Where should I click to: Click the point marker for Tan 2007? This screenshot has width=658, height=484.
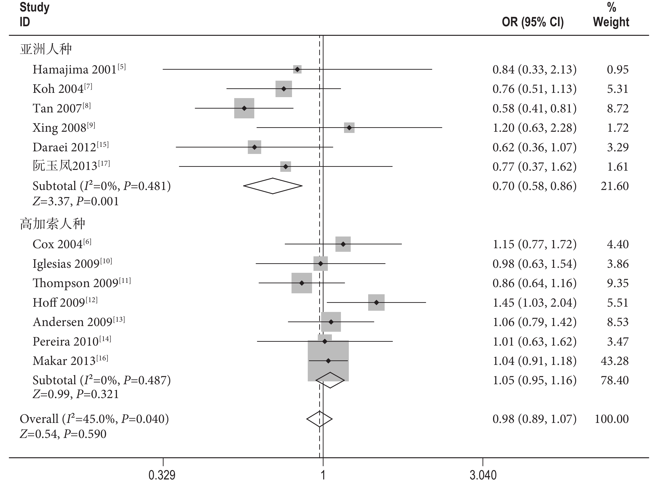click(x=244, y=108)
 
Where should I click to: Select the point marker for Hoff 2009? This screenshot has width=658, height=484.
click(x=376, y=302)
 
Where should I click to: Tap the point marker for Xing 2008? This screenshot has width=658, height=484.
click(x=349, y=128)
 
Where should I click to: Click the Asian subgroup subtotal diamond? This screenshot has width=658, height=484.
click(x=273, y=186)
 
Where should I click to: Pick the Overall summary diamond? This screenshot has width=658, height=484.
click(x=319, y=419)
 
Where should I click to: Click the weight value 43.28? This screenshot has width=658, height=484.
click(x=615, y=361)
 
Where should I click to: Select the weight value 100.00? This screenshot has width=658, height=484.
click(x=612, y=419)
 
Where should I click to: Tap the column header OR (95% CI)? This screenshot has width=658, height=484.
click(x=533, y=22)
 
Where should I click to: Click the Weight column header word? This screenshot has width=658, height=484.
click(x=611, y=22)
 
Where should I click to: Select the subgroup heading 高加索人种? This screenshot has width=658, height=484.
click(x=53, y=224)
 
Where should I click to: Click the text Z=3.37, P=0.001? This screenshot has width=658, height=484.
click(x=76, y=201)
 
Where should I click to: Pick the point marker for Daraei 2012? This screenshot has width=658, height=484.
click(x=255, y=147)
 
